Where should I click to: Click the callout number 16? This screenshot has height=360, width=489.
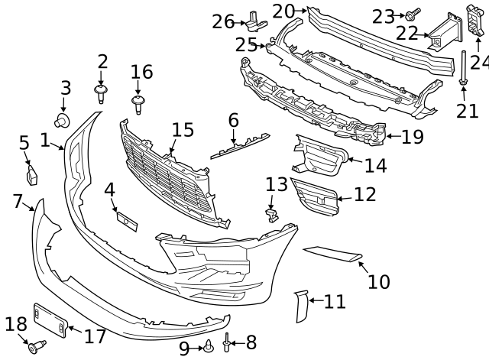pyautogui.click(x=141, y=73)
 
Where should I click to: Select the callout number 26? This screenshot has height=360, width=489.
pyautogui.click(x=223, y=21)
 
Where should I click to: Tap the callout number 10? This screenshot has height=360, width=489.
pyautogui.click(x=378, y=281)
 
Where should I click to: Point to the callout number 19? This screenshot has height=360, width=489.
pyautogui.click(x=412, y=137)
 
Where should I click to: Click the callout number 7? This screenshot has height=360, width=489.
pyautogui.click(x=18, y=201)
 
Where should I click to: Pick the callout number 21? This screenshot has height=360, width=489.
pyautogui.click(x=466, y=111)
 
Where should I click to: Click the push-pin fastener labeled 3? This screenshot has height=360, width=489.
pyautogui.click(x=63, y=119)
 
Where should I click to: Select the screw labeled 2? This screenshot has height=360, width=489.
pyautogui.click(x=101, y=94)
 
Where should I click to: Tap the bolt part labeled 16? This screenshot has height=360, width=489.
pyautogui.click(x=138, y=103)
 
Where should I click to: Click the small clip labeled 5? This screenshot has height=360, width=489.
pyautogui.click(x=32, y=177)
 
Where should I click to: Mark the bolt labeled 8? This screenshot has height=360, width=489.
pyautogui.click(x=227, y=345)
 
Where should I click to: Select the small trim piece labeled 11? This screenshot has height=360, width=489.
pyautogui.click(x=300, y=305)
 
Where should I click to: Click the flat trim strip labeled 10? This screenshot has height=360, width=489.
pyautogui.click(x=332, y=255)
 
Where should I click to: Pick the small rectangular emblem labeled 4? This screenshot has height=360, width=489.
pyautogui.click(x=125, y=220)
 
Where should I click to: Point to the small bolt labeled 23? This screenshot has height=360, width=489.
pyautogui.click(x=411, y=15)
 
